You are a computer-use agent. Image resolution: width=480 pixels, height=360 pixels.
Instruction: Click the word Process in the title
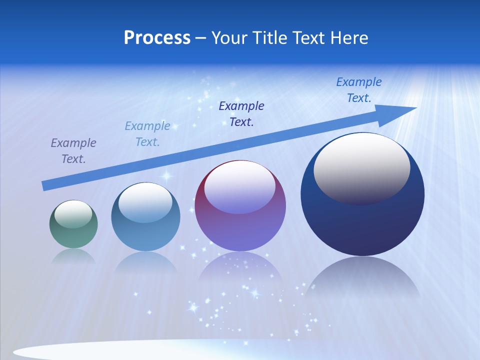[x=157, y=37]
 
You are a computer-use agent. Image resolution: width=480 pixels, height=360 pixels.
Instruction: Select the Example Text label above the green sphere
[x=73, y=151]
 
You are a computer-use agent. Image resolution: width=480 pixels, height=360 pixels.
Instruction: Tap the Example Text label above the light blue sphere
[x=147, y=133]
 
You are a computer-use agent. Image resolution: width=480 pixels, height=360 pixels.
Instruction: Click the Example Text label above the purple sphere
[x=241, y=113]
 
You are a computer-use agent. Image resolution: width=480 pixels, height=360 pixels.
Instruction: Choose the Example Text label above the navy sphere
[x=359, y=90]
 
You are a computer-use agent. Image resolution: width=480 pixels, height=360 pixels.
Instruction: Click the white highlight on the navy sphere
[x=361, y=167]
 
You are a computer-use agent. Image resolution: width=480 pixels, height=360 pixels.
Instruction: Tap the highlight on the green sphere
[x=73, y=213]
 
